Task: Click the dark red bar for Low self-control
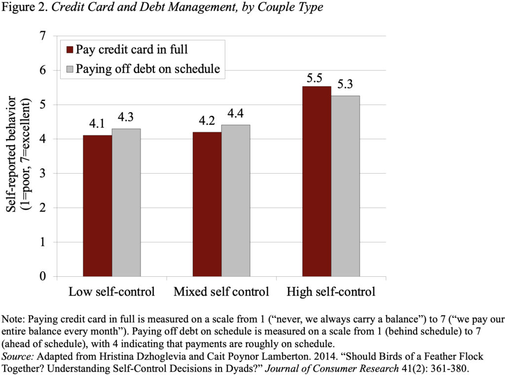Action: click(x=97, y=206)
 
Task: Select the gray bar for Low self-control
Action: click(x=126, y=202)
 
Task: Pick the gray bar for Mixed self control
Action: click(x=236, y=200)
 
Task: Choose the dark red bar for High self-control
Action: click(x=317, y=181)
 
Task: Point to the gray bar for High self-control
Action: click(x=345, y=186)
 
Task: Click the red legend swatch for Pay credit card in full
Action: click(x=70, y=50)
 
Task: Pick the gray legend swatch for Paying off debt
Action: click(x=70, y=69)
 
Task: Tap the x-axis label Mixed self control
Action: click(x=221, y=292)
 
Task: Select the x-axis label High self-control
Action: click(x=331, y=292)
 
